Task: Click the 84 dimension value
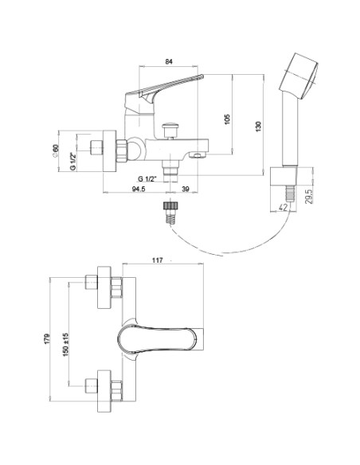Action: point(168,61)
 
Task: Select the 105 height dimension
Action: point(227,119)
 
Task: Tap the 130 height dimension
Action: point(259,127)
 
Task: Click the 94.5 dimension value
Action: point(139,189)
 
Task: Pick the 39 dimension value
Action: point(185,189)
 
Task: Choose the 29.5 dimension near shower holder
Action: point(308,197)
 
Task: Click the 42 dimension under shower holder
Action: point(283,208)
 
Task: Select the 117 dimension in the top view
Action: point(158,260)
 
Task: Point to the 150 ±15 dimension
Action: point(65,344)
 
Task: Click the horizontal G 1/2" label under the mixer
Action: point(147,179)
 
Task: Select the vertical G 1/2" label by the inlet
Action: point(72,161)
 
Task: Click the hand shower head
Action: point(299,76)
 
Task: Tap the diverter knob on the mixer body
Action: point(170,130)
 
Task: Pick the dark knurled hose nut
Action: point(170,206)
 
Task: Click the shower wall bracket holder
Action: point(284,177)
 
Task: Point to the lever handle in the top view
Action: point(158,339)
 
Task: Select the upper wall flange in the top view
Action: point(104,287)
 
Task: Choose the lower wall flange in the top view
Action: point(104,391)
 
